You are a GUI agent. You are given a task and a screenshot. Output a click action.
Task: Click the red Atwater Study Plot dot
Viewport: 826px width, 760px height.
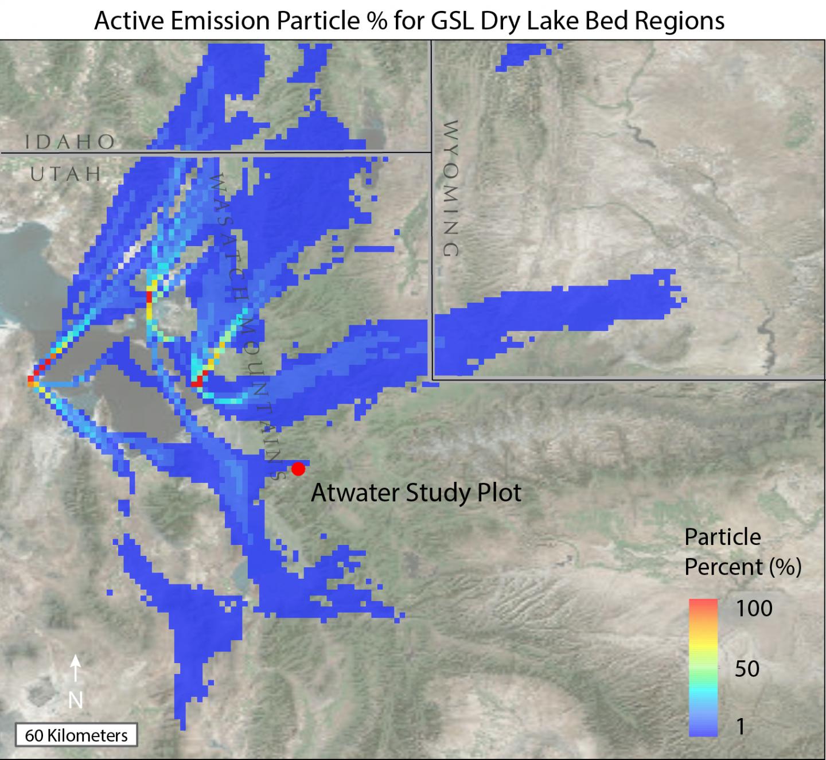pos(298,469)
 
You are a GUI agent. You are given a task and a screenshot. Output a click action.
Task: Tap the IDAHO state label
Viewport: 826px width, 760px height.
pos(70,142)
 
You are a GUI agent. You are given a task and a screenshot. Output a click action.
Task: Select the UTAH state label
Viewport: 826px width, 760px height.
pos(66,173)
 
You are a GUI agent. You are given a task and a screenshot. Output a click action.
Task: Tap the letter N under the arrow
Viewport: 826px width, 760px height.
pos(75,700)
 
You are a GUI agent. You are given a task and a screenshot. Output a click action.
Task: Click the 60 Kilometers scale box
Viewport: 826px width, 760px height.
pos(76,735)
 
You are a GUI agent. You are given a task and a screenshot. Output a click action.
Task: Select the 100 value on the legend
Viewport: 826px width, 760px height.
pos(754,609)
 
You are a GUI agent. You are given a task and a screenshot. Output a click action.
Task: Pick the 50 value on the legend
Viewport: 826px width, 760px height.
pos(747,669)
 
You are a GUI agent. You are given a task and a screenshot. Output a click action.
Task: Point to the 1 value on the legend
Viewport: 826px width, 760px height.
pos(741,727)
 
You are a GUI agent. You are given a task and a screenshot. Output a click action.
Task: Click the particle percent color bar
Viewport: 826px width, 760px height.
pos(703,667)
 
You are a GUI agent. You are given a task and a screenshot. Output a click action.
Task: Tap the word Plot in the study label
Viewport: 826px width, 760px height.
pos(500,493)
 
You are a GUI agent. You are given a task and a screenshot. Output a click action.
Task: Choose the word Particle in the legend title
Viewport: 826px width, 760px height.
pos(723,537)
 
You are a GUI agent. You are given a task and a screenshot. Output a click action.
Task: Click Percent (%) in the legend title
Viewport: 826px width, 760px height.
pos(743,567)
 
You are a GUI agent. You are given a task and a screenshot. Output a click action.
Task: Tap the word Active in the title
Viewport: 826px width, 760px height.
pos(127,21)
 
